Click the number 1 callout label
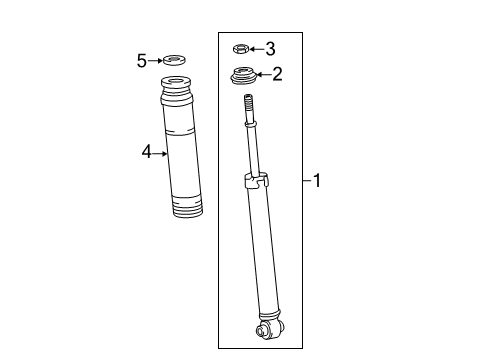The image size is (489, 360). (318, 181)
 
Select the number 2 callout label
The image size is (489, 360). (278, 72)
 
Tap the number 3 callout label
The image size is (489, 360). (269, 47)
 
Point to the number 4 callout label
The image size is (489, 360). (145, 152)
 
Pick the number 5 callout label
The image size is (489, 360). (141, 61)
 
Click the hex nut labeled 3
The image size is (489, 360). (240, 47)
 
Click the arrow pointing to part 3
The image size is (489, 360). (255, 47)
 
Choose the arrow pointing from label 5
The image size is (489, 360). (155, 61)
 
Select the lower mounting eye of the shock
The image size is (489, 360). (269, 326)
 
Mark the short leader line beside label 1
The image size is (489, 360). (306, 181)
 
